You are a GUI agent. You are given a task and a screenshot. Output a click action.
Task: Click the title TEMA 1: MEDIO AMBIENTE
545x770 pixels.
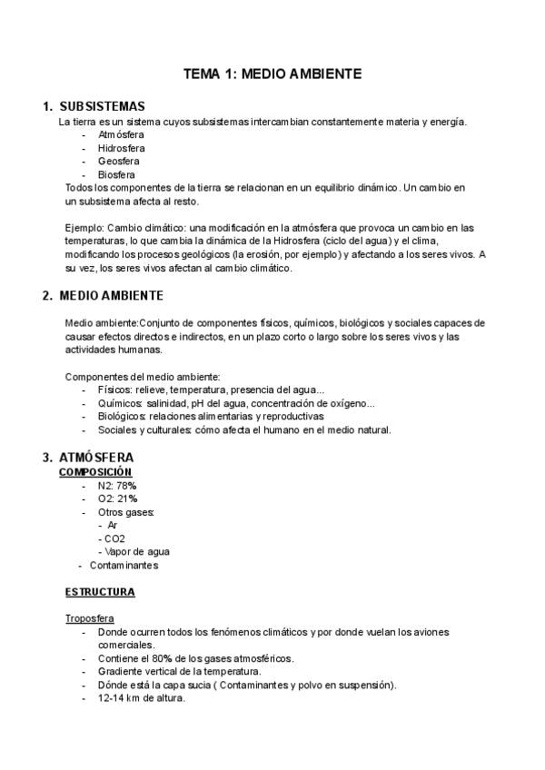pyautogui.click(x=272, y=73)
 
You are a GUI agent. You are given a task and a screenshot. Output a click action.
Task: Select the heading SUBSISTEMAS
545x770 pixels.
pyautogui.click(x=102, y=106)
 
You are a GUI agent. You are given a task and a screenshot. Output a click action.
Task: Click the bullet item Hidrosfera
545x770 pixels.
pyautogui.click(x=122, y=148)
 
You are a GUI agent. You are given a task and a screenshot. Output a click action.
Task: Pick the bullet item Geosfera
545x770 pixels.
pyautogui.click(x=119, y=161)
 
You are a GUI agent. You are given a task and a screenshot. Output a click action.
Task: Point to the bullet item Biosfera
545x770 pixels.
pyautogui.click(x=117, y=174)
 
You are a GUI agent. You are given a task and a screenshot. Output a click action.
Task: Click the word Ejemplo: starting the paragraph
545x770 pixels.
pyautogui.click(x=84, y=227)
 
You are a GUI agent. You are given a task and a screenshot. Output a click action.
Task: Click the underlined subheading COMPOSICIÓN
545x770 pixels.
pyautogui.click(x=95, y=472)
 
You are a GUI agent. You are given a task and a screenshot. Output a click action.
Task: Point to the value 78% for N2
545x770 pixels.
pyautogui.click(x=125, y=486)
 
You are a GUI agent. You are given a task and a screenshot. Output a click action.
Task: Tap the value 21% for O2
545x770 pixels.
pyautogui.click(x=125, y=499)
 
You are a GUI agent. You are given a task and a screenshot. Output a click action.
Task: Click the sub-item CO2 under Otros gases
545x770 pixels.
pyautogui.click(x=114, y=538)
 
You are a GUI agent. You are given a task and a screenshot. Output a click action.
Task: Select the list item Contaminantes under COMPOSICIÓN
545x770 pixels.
pyautogui.click(x=124, y=565)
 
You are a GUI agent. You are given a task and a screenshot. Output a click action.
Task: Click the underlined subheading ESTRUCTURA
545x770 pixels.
pyautogui.click(x=100, y=592)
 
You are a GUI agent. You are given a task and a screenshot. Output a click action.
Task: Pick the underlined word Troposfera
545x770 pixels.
pyautogui.click(x=89, y=618)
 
